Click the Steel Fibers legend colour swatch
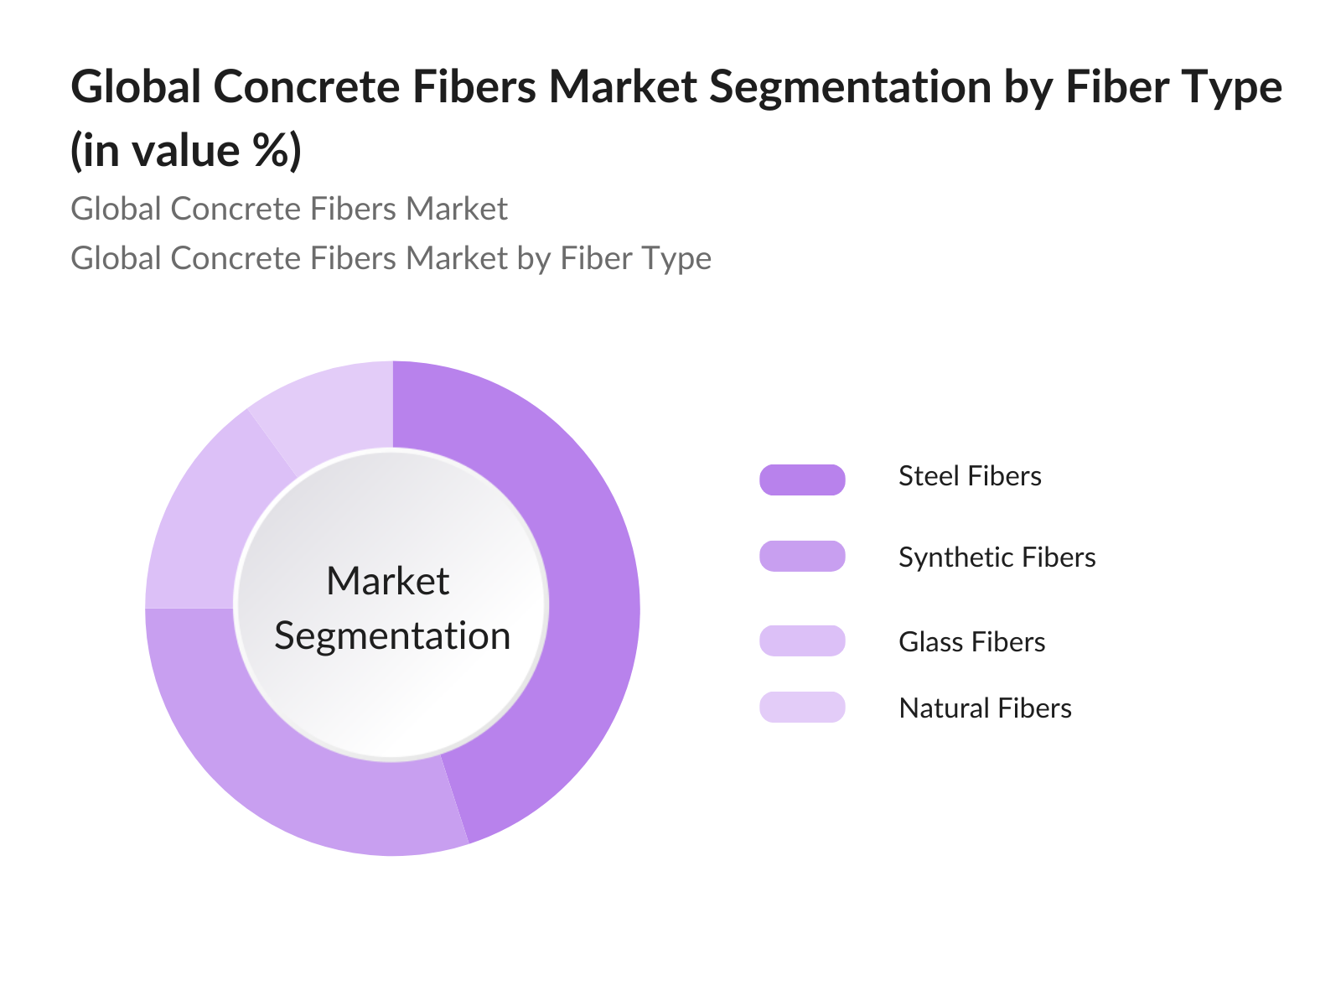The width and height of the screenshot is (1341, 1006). tap(802, 480)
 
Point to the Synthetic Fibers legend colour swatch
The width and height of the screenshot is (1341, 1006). tap(802, 556)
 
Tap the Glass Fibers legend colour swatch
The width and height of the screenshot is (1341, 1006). tap(802, 640)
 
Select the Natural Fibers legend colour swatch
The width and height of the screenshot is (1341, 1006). tap(802, 707)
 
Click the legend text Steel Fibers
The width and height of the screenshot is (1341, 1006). tap(970, 476)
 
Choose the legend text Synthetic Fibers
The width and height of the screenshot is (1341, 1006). tap(997, 557)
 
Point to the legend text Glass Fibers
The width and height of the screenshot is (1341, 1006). tap(972, 642)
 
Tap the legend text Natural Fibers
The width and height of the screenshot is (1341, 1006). tap(985, 708)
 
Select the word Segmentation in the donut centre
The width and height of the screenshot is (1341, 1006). tap(392, 637)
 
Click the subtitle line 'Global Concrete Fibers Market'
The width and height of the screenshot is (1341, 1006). tap(289, 209)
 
